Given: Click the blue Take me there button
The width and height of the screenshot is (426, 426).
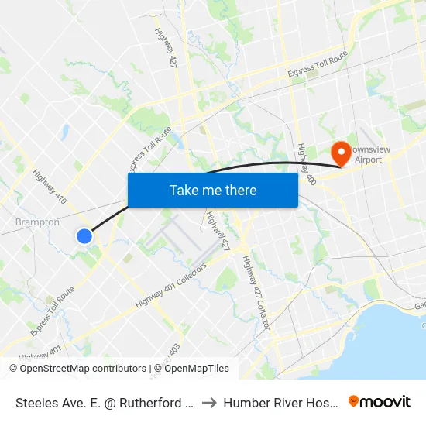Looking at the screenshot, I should pos(213,190).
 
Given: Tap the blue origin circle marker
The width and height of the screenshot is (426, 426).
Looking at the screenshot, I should pos(85,236).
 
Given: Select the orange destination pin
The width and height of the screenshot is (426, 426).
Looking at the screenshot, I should pos(339,153).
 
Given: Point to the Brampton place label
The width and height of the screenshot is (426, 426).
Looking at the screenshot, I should pos(37,222).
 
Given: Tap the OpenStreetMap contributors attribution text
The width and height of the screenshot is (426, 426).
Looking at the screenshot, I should pos(83,369).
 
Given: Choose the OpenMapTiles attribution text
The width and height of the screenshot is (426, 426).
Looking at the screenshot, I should pos(197,369).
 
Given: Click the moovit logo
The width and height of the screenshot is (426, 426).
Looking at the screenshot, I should pos(380,401).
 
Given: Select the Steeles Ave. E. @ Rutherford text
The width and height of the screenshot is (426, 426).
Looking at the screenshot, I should pos(104,402).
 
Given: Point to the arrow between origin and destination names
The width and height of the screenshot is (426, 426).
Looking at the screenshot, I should pos(211,402).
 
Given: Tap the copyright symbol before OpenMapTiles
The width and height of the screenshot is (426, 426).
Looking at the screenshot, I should pos(158,369).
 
